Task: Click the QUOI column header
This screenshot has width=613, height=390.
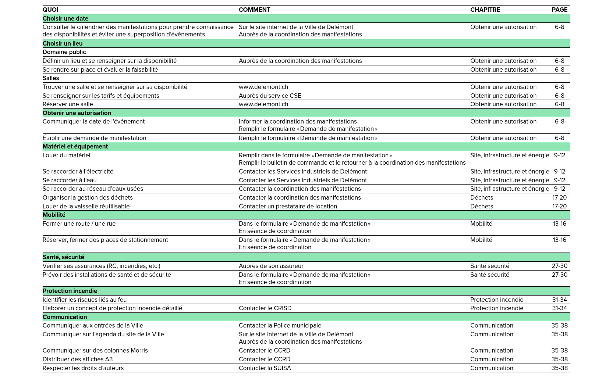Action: [x=50, y=10]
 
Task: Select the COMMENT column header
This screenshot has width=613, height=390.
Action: [x=254, y=10]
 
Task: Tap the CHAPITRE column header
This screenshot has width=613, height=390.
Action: [x=485, y=10]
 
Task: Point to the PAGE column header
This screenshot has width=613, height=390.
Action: [x=559, y=10]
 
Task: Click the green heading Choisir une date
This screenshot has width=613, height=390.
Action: [x=65, y=19]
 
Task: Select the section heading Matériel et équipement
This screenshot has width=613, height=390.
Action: [x=75, y=147]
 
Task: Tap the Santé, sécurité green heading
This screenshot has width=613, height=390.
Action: [x=63, y=257]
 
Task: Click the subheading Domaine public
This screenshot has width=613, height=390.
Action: [x=64, y=52]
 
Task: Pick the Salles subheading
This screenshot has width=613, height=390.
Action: [x=51, y=78]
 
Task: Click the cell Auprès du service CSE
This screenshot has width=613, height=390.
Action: [x=270, y=96]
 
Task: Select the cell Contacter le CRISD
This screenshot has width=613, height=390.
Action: [x=265, y=308]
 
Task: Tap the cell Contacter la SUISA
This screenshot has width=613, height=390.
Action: [x=265, y=368]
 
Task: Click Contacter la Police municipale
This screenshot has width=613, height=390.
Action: [x=280, y=326]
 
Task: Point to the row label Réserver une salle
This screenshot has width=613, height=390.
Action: [x=68, y=104]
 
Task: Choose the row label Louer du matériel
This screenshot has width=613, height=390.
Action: [x=66, y=155]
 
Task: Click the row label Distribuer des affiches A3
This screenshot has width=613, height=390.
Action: [x=78, y=359]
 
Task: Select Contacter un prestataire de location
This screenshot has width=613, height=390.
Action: [x=288, y=207]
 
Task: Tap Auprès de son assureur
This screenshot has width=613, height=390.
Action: [x=271, y=266]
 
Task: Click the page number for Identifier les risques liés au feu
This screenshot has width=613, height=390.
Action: [x=559, y=300]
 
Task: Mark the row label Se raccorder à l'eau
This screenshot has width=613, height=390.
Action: [x=70, y=180]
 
